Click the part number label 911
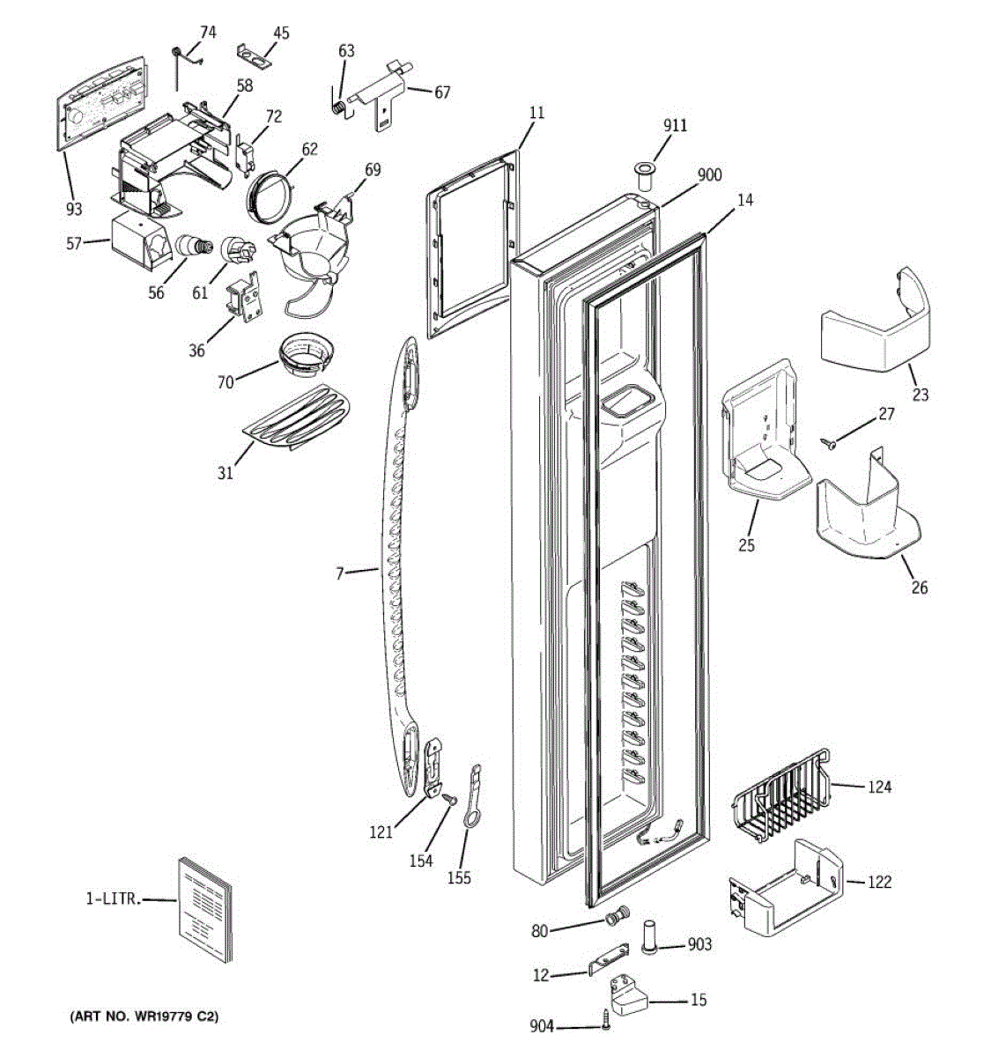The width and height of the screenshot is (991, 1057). pos(675,126)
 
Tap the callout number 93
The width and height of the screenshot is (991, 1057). pos(74,209)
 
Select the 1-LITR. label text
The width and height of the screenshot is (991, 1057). pos(115,899)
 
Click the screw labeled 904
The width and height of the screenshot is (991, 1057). pos(605,1018)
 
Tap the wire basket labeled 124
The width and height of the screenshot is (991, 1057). pos(780,796)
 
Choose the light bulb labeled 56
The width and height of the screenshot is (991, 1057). pos(194,246)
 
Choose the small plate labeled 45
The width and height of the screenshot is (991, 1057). pos(254,55)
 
